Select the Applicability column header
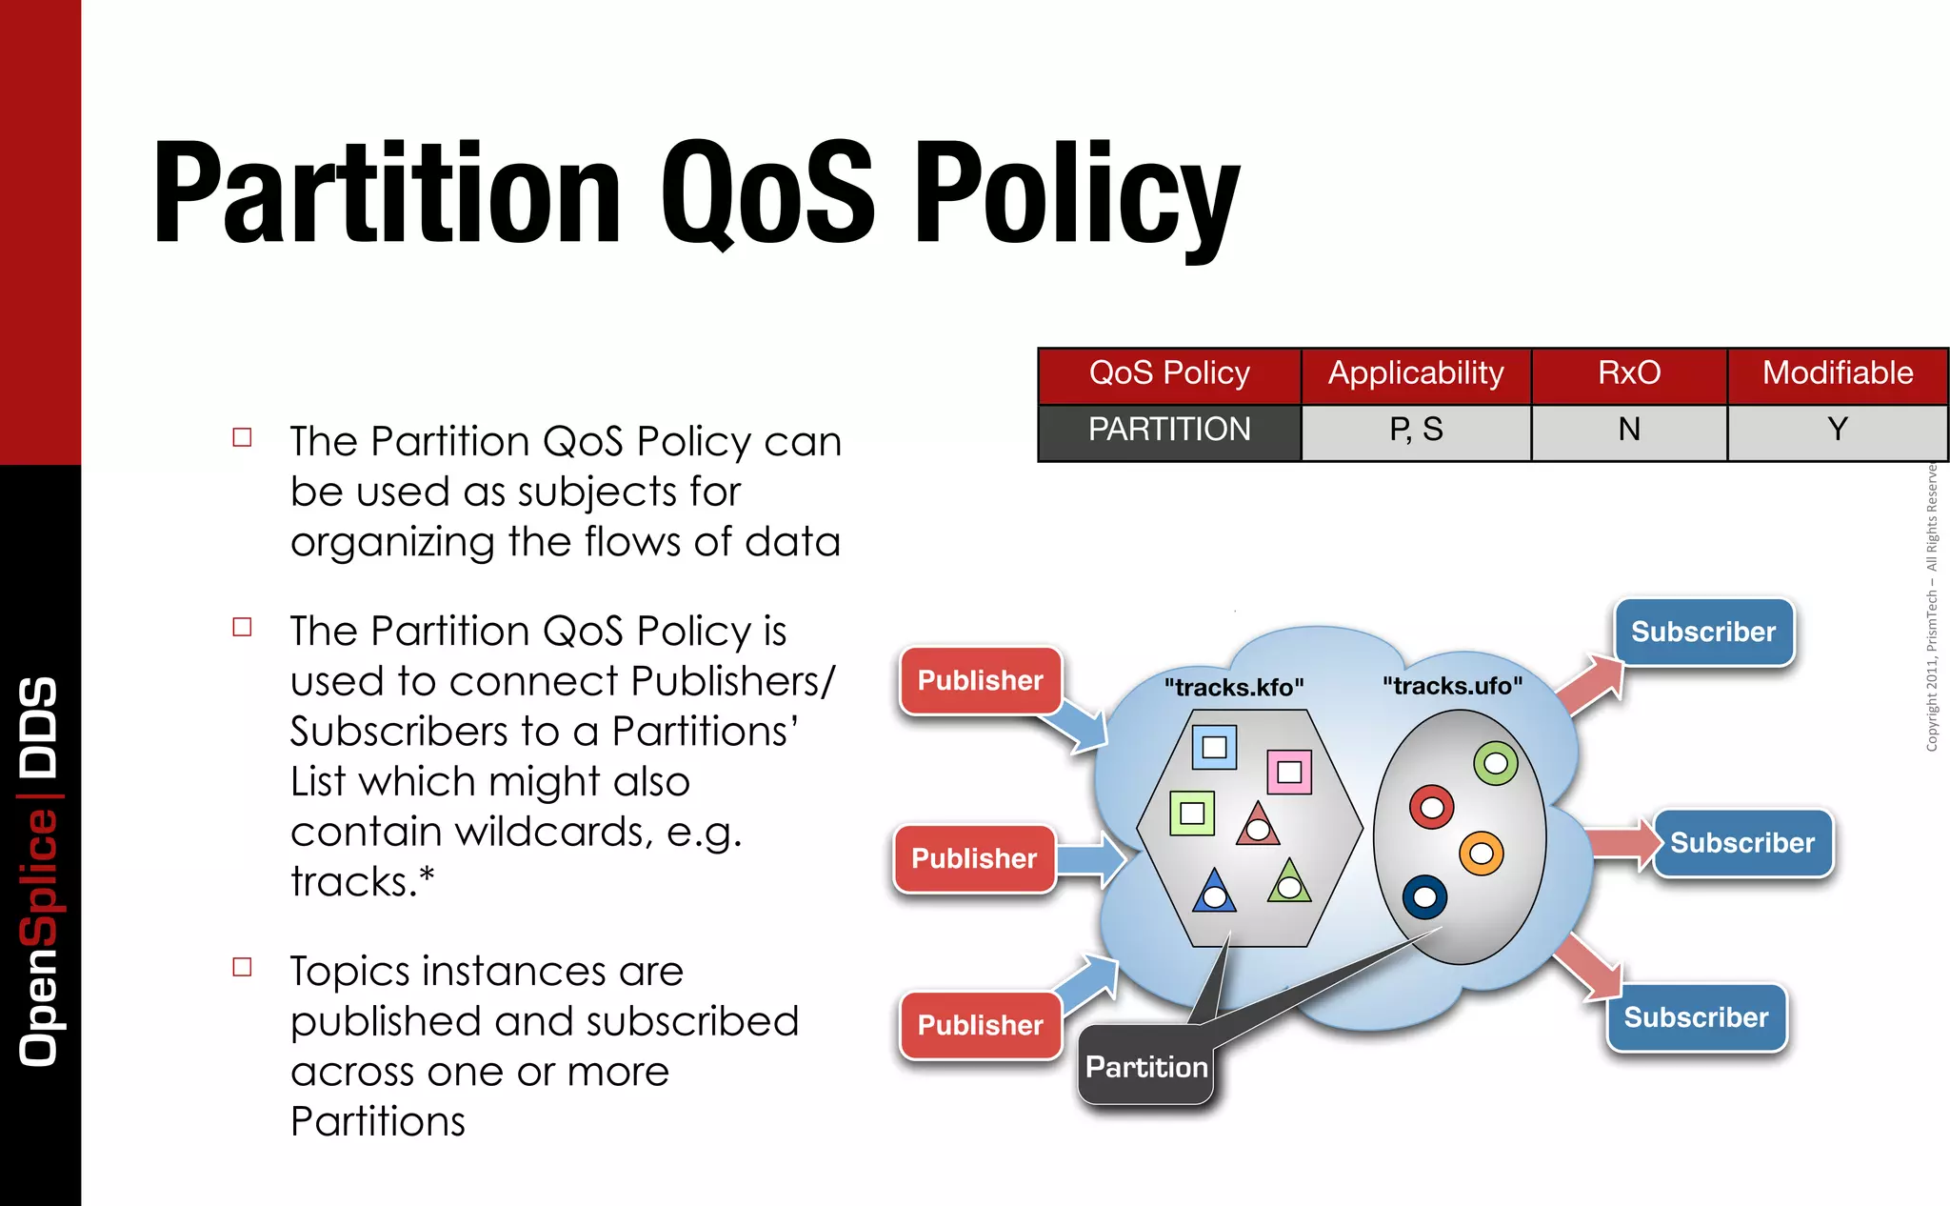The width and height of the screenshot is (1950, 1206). coord(1416,373)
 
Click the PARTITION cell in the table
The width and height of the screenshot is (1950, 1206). coord(1169,431)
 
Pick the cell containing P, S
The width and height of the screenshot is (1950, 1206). coord(1416,431)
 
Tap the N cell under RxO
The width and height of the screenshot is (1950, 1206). coord(1629,431)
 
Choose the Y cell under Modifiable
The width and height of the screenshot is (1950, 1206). coord(1838,431)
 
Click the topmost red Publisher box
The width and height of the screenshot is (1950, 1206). coord(980,680)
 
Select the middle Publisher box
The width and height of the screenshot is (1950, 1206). coord(974,858)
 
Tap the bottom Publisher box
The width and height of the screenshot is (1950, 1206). coord(980,1025)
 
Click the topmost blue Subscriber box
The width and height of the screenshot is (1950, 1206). coord(1703,632)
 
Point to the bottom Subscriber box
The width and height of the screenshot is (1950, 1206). coord(1696,1017)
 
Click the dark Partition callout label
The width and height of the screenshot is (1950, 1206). coord(1146,1067)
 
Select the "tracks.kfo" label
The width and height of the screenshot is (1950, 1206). coord(1234,687)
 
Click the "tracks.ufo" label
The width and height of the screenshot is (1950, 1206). coord(1452,686)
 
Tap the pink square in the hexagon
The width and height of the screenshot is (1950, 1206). coord(1289,772)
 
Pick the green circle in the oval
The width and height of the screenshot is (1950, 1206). coord(1496,763)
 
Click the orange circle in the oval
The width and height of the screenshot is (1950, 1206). coord(1481,853)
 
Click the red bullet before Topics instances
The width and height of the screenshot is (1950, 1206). coord(243,968)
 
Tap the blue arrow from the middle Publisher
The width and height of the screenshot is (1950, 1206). coord(1091,859)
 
